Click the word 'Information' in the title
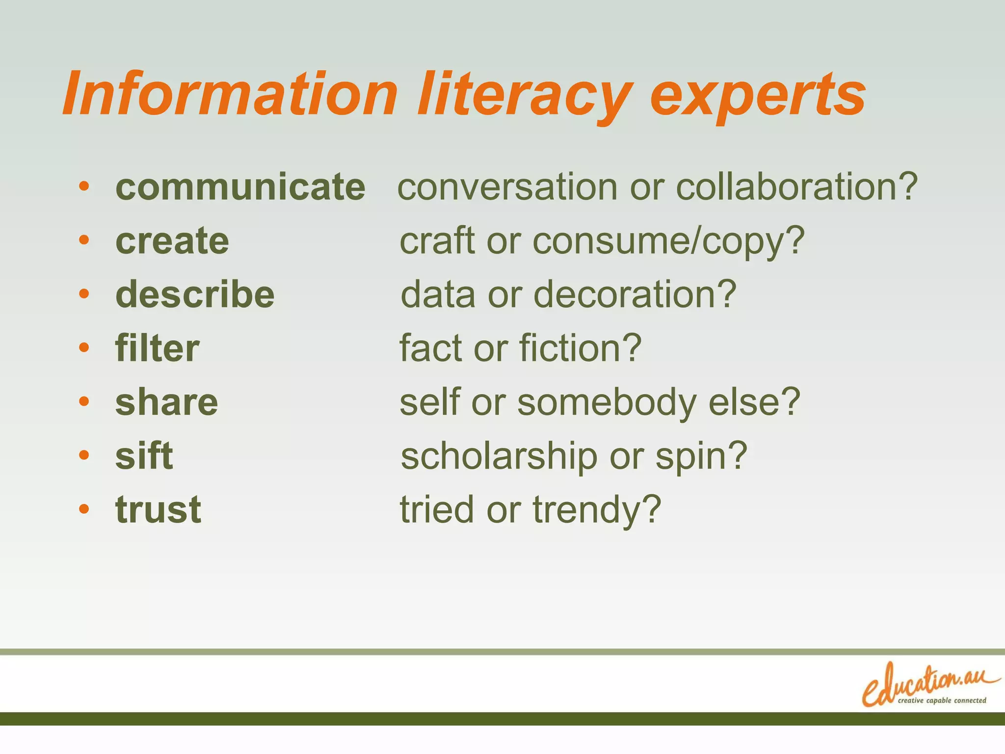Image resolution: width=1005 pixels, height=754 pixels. (x=230, y=93)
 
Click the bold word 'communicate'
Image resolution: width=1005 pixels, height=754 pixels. (x=240, y=187)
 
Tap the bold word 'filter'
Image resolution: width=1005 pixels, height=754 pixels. (x=157, y=348)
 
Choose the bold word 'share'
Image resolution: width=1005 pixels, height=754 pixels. (x=166, y=402)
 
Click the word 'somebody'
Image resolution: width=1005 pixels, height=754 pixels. (x=607, y=403)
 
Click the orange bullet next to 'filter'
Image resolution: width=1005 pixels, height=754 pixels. (x=84, y=348)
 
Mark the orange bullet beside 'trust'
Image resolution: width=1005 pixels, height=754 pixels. (x=84, y=509)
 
